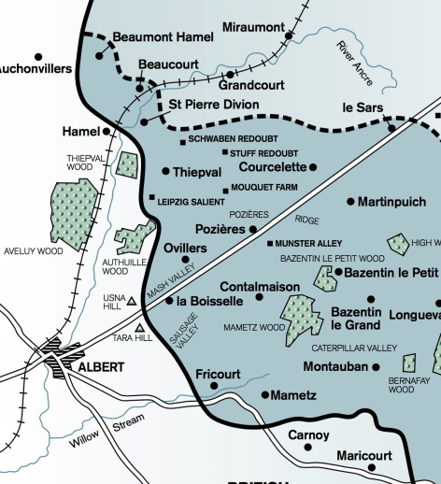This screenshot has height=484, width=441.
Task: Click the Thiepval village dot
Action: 165,171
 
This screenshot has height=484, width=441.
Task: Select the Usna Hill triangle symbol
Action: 132,301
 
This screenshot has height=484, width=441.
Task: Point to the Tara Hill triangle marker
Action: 140,328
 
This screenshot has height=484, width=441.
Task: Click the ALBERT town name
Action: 101,367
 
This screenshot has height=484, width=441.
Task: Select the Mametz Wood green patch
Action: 299,319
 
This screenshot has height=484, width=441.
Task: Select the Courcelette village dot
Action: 313,167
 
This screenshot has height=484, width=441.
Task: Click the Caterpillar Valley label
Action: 354,348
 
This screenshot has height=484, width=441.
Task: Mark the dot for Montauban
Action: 377,367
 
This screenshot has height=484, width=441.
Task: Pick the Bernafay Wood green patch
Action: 409,363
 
